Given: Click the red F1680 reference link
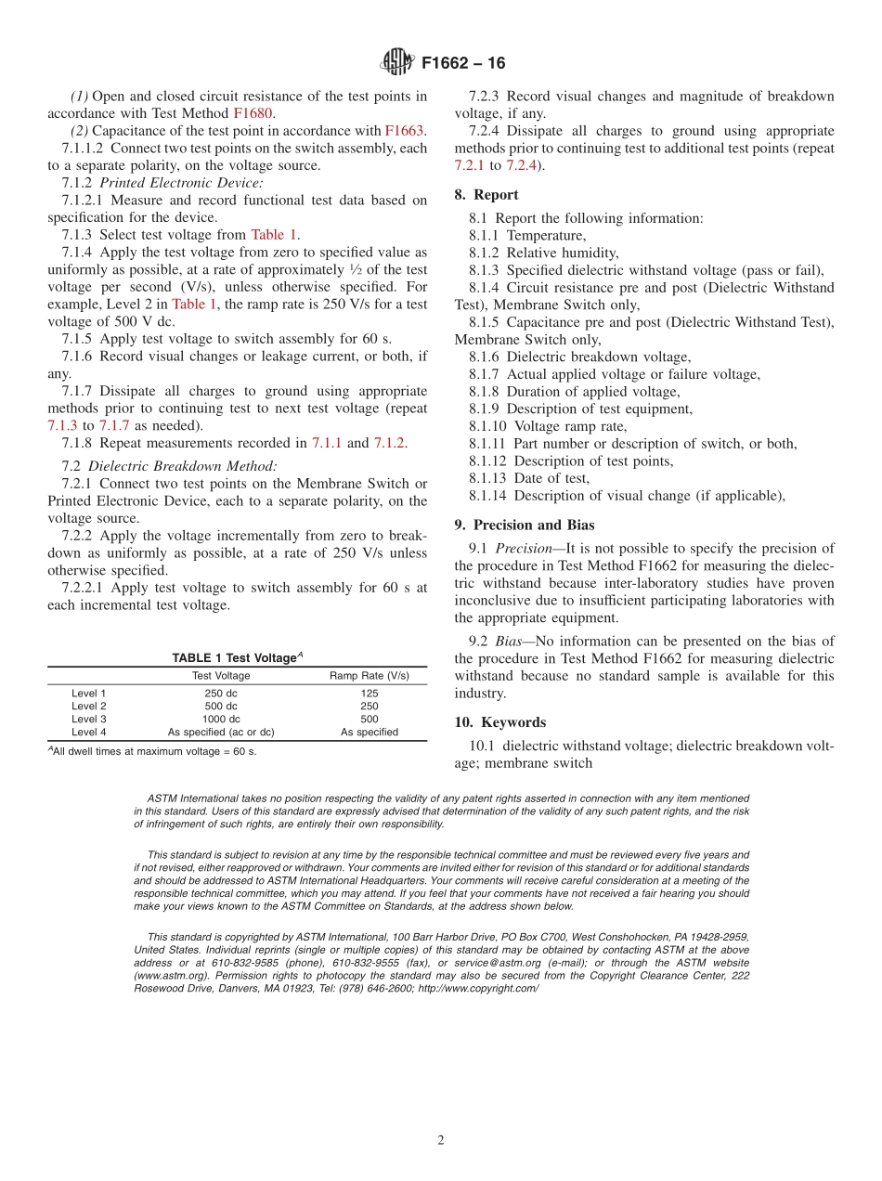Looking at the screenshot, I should (x=253, y=113).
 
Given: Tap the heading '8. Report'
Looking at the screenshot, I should (x=486, y=195).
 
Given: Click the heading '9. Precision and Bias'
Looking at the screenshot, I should (x=525, y=525).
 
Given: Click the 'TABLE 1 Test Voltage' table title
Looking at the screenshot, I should (x=237, y=657).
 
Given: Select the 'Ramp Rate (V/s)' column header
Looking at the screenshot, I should (x=369, y=676).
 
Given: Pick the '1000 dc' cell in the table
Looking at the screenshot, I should (x=221, y=719).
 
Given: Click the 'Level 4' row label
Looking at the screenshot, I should (x=89, y=732).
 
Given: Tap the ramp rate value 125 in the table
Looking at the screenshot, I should (x=369, y=693).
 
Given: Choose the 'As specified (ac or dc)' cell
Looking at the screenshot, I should (x=221, y=732).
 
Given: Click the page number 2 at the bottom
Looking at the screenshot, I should (x=441, y=1141).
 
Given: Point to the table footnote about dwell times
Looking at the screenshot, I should (x=152, y=751).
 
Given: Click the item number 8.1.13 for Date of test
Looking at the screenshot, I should (x=487, y=478).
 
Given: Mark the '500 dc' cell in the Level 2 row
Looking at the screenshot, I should (x=221, y=706).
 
